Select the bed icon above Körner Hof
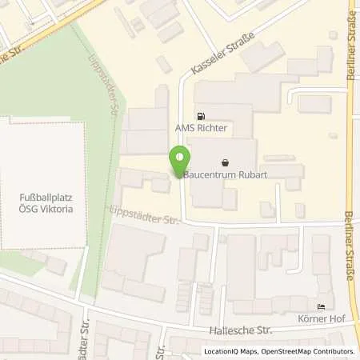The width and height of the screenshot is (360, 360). tap(322, 308)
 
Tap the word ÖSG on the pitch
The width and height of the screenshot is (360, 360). tap(33, 205)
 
